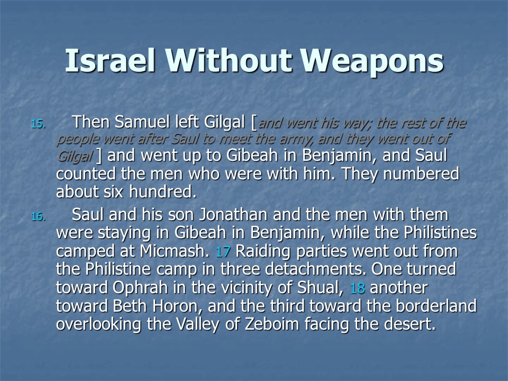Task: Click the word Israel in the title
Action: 110,60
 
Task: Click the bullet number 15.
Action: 38,124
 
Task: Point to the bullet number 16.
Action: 38,216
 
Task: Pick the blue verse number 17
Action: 223,252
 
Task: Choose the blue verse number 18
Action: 357,288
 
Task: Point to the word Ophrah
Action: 140,287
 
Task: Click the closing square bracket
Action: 99,156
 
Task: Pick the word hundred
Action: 162,192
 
